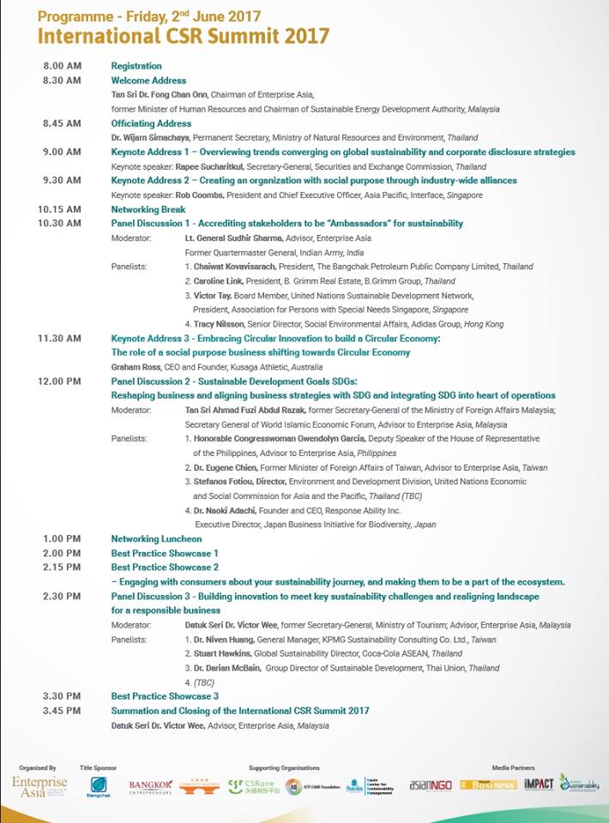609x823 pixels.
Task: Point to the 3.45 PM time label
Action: (61, 711)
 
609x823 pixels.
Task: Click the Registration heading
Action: (136, 66)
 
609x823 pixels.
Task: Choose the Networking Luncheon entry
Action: (156, 538)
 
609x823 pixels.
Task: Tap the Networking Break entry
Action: (148, 209)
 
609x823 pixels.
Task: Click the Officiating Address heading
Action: (151, 123)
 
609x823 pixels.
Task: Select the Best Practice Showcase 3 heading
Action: (165, 696)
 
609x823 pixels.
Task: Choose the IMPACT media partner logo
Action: (539, 784)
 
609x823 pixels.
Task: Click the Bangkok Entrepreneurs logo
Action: (150, 786)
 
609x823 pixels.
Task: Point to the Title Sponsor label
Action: (98, 768)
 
